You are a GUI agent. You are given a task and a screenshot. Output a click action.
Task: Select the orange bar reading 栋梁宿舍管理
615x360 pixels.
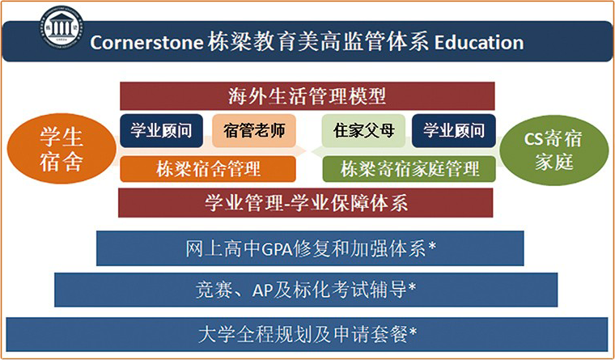pos(208,169)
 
